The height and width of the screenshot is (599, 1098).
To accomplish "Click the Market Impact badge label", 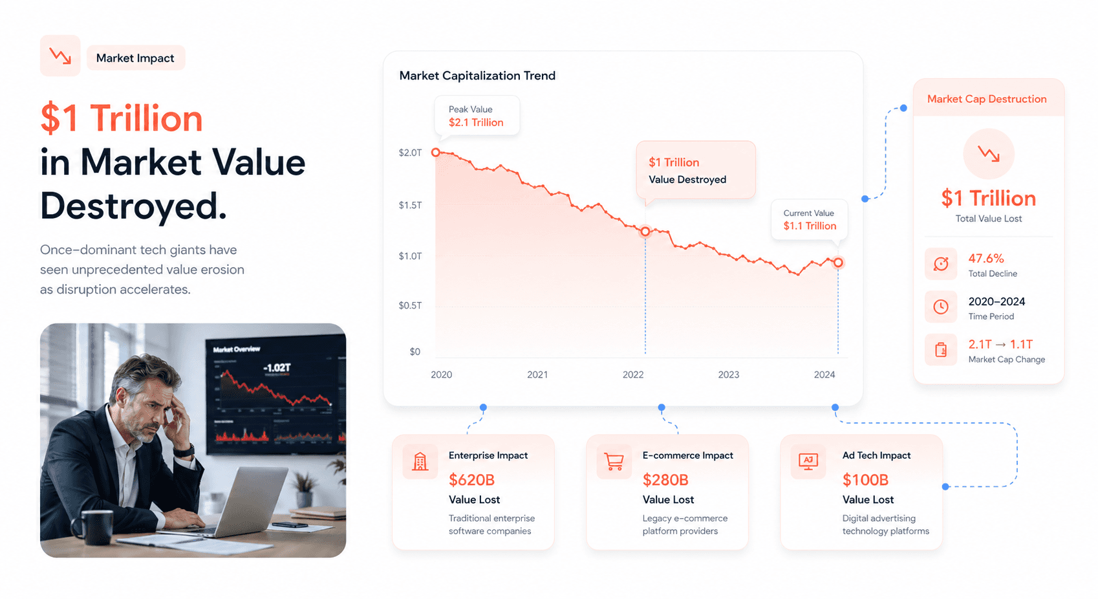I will point(135,58).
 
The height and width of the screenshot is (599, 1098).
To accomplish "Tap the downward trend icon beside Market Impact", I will point(60,56).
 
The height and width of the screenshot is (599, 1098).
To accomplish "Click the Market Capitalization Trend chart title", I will point(477,76).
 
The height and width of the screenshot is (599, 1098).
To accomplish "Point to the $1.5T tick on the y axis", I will point(410,205).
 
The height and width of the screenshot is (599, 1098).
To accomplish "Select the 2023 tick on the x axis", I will point(728,375).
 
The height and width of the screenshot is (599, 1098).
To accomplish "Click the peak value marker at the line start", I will point(436,153).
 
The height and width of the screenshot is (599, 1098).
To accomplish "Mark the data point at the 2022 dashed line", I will point(645,232).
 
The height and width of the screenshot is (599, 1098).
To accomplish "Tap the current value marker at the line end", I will point(838,263).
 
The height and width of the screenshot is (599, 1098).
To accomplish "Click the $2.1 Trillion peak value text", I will point(476,122).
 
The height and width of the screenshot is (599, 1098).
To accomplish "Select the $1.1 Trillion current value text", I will point(810,226).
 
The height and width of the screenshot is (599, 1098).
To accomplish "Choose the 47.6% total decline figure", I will point(985,258).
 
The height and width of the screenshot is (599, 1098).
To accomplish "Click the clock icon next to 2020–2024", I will point(940,307).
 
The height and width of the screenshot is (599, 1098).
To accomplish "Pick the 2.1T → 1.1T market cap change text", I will point(1000,344).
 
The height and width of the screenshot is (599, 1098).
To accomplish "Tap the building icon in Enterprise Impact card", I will point(420,462).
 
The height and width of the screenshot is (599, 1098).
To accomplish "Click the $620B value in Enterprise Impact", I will point(471,480).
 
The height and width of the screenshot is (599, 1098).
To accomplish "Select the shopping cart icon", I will point(614,462).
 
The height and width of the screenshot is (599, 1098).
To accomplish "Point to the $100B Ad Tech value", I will point(865,480).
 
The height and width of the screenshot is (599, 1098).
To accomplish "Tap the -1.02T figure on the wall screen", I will point(277,368).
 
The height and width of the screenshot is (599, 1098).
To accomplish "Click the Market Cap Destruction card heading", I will point(987,99).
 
